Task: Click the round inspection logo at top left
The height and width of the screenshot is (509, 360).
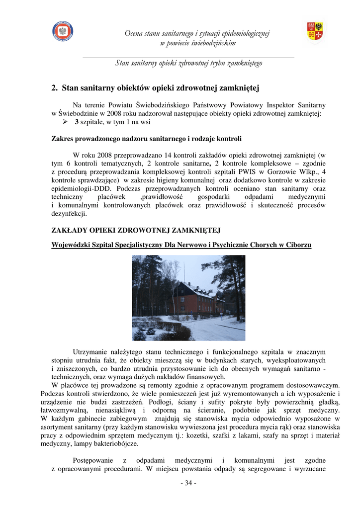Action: pos(63,31)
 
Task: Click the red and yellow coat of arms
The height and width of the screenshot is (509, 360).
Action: pos(315,31)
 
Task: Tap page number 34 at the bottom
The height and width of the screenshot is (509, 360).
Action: pos(188,484)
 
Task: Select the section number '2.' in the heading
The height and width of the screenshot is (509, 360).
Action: pos(55,89)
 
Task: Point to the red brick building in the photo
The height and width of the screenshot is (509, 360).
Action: pos(191,301)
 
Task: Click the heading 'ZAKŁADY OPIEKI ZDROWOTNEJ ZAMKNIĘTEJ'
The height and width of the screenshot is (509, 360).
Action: pos(136,231)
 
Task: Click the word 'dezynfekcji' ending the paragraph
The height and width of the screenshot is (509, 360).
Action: pos(69,214)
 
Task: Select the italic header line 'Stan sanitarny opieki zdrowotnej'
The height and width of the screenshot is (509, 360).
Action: pos(188,64)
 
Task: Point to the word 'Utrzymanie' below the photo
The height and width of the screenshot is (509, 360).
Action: pos(90,351)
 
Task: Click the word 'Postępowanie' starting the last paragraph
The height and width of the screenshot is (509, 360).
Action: pos(94,461)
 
